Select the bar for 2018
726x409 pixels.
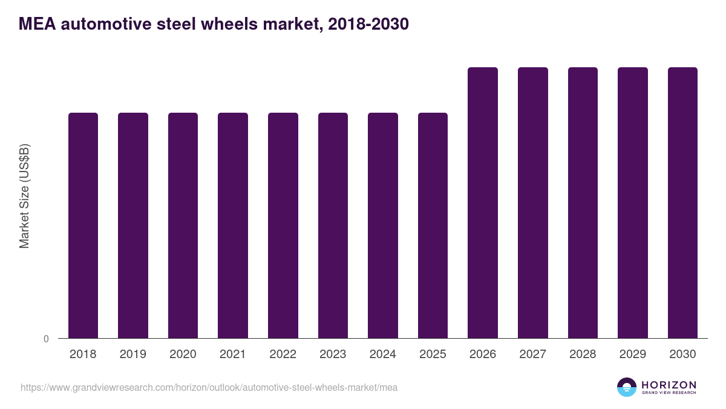click(83, 225)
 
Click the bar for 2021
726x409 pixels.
click(233, 225)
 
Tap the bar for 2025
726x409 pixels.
click(433, 225)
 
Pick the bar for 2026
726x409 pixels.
click(483, 203)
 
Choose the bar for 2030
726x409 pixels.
click(682, 203)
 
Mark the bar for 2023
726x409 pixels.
click(333, 225)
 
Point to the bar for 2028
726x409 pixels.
click(583, 203)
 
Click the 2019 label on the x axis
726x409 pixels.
click(132, 354)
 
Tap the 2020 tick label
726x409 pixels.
click(183, 354)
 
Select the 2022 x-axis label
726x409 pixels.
click(283, 354)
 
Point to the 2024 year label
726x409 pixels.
click(382, 354)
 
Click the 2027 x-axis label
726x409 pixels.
click(532, 354)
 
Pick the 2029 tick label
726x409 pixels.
click(632, 354)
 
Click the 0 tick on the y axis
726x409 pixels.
click(46, 339)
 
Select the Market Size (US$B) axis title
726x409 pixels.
click(24, 196)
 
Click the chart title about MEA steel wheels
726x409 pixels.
click(214, 24)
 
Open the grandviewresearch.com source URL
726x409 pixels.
click(209, 387)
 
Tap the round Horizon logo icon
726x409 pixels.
click(627, 387)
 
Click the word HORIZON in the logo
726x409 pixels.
click(669, 384)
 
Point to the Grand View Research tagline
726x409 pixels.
click(669, 393)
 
